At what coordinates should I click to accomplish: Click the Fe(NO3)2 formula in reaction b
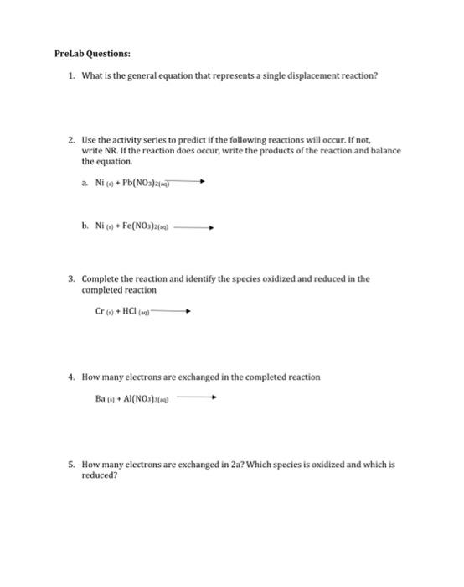[158, 226]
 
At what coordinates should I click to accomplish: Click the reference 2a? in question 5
[238, 464]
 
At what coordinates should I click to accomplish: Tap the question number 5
[72, 464]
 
